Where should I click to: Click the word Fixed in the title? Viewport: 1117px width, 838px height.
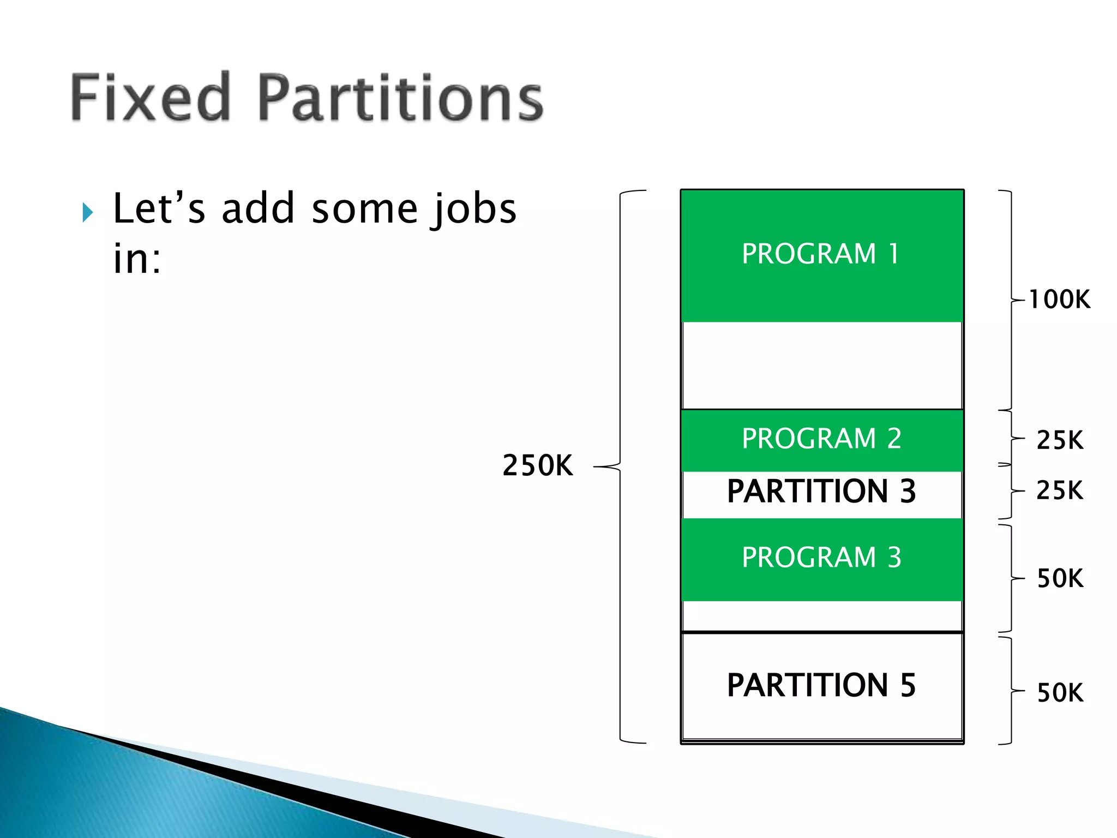[150, 98]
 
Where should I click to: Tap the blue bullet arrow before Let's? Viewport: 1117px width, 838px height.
[88, 212]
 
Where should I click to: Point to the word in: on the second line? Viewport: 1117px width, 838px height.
[137, 259]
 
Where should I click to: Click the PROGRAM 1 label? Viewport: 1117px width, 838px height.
[821, 254]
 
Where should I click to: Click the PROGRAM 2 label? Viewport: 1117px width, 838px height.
[821, 439]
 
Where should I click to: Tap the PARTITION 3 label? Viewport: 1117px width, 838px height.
[821, 491]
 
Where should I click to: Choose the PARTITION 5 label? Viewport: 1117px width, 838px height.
[821, 685]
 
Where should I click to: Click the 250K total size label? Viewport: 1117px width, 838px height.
[537, 466]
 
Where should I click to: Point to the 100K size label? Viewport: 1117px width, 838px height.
[1059, 300]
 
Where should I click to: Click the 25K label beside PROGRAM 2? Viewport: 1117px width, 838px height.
[1059, 440]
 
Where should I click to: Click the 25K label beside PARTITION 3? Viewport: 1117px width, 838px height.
[1059, 490]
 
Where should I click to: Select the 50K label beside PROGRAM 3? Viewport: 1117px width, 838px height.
[1059, 578]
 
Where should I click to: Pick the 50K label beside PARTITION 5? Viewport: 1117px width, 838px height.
[1059, 693]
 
